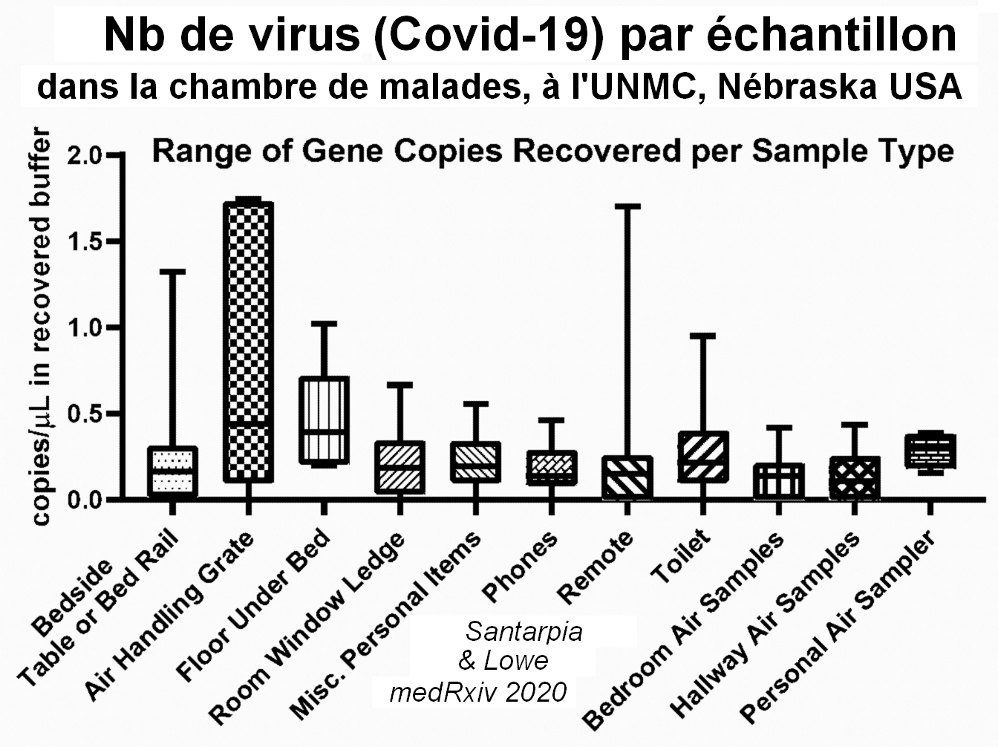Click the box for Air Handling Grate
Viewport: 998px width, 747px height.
click(249, 342)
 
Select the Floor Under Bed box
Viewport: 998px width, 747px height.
click(324, 420)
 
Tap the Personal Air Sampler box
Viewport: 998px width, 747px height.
click(930, 451)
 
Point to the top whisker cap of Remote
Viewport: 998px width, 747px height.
click(627, 206)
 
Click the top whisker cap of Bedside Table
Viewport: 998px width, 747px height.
click(172, 272)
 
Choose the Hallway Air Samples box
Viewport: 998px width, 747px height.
click(855, 477)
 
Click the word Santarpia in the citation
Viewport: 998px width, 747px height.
click(524, 632)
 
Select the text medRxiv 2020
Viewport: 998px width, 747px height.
click(478, 692)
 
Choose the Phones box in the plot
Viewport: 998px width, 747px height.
click(551, 468)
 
